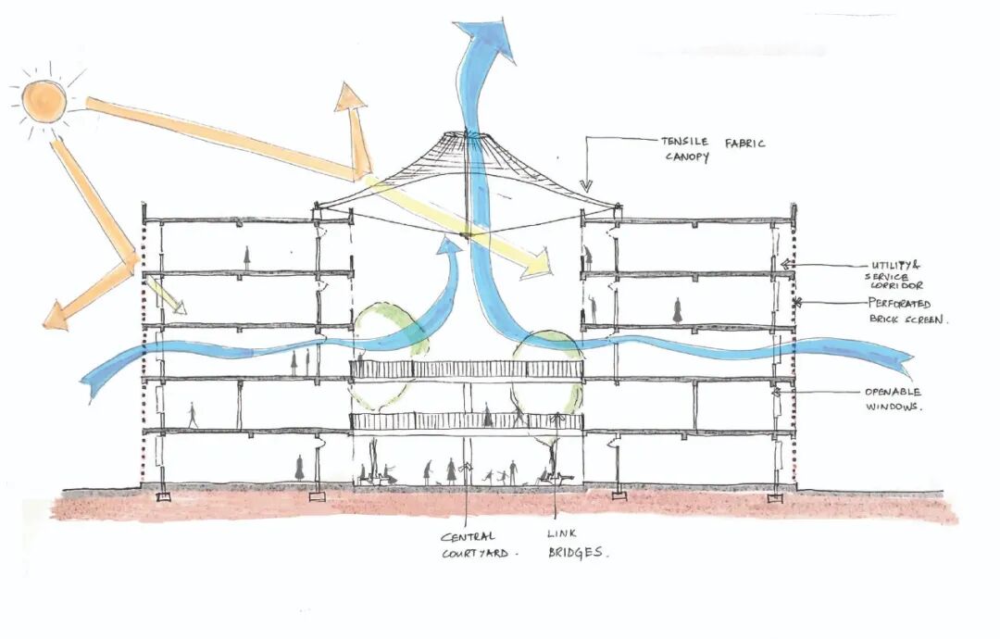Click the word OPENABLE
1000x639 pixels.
[894, 392]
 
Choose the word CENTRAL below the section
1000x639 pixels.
[468, 536]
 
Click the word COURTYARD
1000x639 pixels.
[473, 554]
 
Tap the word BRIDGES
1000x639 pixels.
[577, 552]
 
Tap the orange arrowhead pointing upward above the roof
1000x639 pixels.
[351, 100]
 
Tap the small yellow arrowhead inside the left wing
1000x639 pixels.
[175, 307]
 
